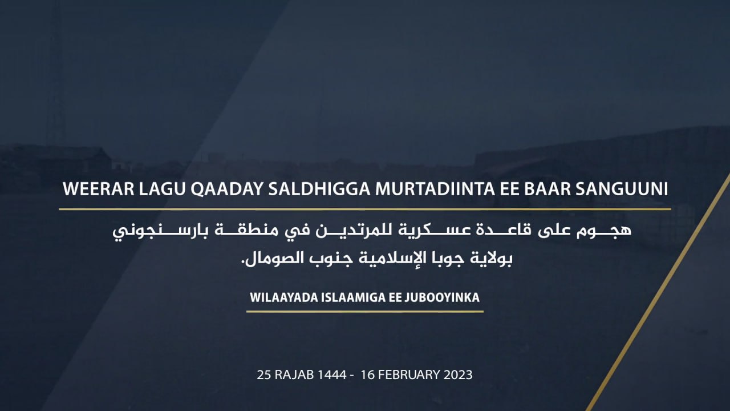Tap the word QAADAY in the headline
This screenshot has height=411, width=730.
(226, 189)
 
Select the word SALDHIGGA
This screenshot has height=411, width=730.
(319, 189)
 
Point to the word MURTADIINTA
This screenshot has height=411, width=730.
(435, 189)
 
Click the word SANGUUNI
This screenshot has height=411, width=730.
(622, 189)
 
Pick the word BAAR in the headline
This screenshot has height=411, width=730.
(546, 189)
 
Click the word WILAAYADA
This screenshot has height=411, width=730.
(283, 297)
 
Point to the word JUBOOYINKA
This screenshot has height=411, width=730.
(442, 297)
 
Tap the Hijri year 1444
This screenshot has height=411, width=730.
(332, 375)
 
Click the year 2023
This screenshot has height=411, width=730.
(458, 375)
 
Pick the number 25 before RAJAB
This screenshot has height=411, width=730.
(264, 375)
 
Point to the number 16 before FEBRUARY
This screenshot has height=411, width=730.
(368, 375)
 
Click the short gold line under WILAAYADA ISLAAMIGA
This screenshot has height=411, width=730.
(364, 312)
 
